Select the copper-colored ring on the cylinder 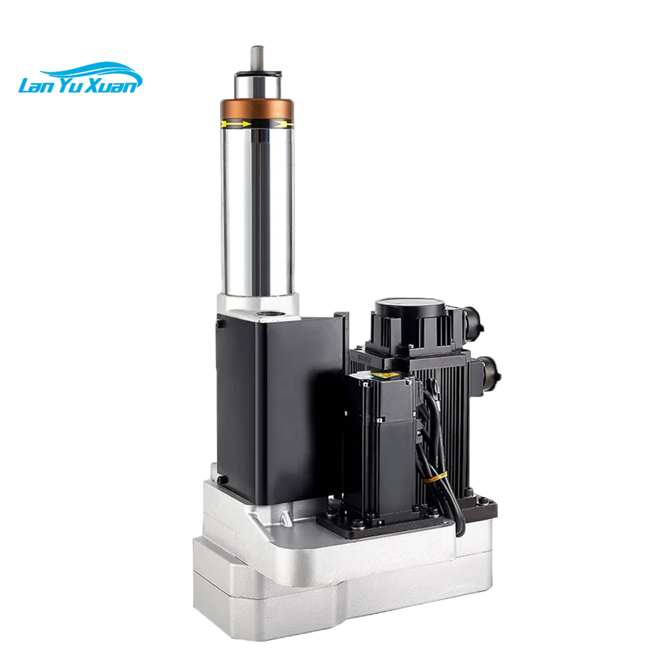(x=258, y=108)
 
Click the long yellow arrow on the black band (x=235, y=124)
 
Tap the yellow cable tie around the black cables (x=436, y=478)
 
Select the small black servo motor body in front (x=378, y=455)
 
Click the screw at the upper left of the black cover (x=217, y=323)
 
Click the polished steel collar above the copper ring (x=258, y=84)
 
